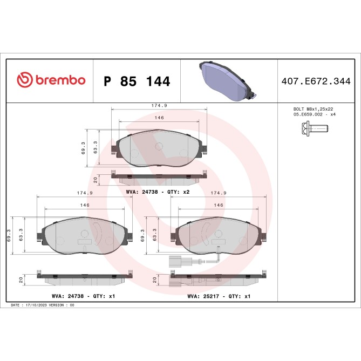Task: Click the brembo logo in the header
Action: click(x=51, y=80)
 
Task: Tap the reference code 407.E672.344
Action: click(x=316, y=81)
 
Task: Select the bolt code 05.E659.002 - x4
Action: click(x=315, y=115)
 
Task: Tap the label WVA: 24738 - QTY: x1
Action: click(x=83, y=296)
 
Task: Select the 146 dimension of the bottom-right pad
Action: click(x=219, y=206)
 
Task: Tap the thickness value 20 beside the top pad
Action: click(x=95, y=179)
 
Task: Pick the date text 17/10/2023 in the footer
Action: click(x=36, y=305)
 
